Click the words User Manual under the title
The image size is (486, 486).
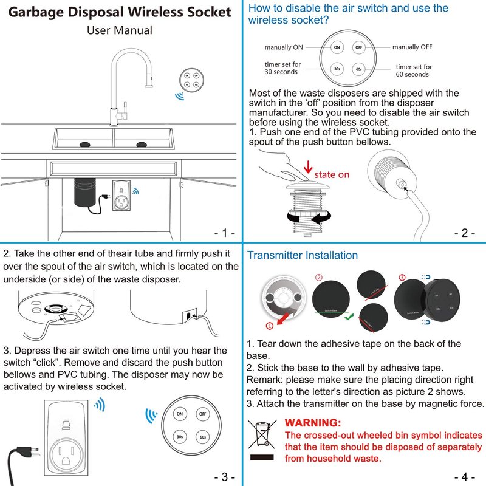[119, 30]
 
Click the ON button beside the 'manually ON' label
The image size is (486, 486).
[337, 47]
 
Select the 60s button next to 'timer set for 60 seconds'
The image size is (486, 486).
[358, 69]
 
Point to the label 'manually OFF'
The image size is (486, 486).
[412, 47]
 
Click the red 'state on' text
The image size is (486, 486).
[331, 175]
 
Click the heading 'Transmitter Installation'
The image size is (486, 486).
[302, 255]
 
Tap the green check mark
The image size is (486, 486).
[348, 317]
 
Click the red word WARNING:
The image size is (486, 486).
[313, 422]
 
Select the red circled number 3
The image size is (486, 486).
[401, 278]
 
